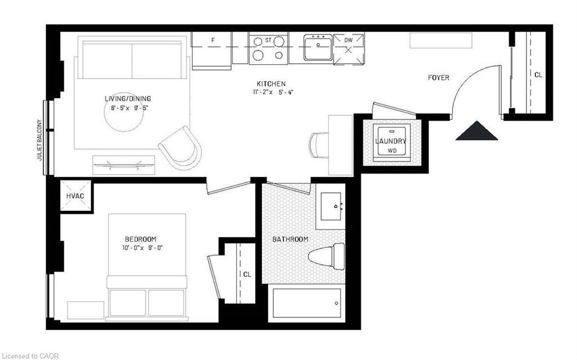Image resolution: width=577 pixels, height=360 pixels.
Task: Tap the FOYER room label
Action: pyautogui.click(x=438, y=78)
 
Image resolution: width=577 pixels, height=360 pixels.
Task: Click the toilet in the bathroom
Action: pyautogui.click(x=326, y=254)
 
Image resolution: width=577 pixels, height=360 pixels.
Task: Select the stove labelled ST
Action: pyautogui.click(x=268, y=48)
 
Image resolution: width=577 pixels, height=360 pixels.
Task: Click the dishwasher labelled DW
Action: pyautogui.click(x=348, y=47)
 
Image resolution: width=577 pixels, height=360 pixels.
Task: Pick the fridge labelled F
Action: pyautogui.click(x=212, y=50)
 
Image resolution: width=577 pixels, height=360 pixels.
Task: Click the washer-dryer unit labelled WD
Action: pyautogui.click(x=391, y=143)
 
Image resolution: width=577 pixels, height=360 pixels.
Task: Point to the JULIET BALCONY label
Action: pyautogui.click(x=39, y=140)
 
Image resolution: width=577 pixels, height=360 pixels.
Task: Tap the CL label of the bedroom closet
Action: pyautogui.click(x=247, y=274)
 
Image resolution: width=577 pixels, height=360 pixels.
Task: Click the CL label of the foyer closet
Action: pyautogui.click(x=538, y=74)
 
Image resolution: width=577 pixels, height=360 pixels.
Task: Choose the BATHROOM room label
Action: pyautogui.click(x=290, y=239)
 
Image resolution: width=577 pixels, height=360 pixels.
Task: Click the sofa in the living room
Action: pyautogui.click(x=132, y=59)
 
